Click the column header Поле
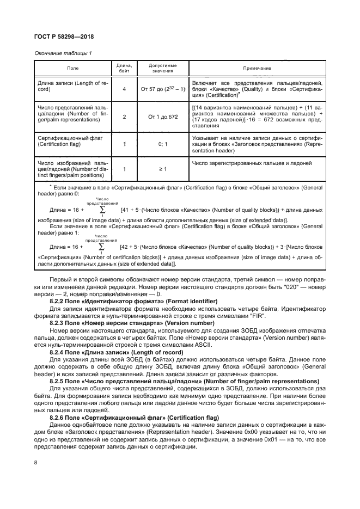pos(72,68)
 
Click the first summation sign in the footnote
pos(102,209)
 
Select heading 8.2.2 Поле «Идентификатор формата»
pos(133,301)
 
